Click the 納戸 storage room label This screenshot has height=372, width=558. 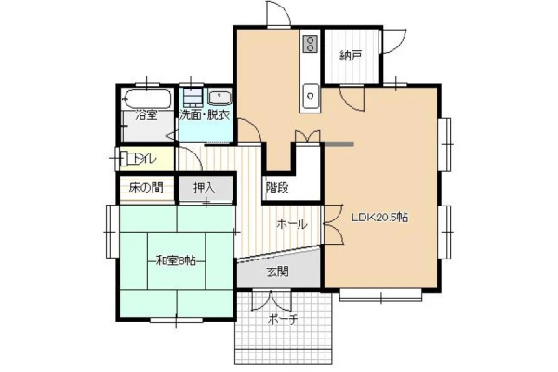coord(351,56)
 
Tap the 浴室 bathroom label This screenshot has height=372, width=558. coord(147,115)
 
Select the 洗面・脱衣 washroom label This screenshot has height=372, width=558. coord(205,115)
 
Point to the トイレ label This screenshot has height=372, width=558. coord(144,159)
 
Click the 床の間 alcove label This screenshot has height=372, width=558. coord(146,187)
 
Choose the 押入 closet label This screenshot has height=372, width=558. coord(205,187)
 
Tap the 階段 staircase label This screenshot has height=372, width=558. coord(277,188)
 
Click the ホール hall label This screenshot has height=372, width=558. coord(292,224)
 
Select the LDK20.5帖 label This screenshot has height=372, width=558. coord(379,217)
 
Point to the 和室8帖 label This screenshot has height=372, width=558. coord(176,261)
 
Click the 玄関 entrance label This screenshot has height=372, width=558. coord(277,272)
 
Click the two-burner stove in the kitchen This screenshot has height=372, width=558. coord(311,44)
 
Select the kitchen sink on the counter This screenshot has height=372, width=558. coord(311,95)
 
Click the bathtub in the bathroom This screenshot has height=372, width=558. coord(147,99)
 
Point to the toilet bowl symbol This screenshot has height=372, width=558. coord(127,159)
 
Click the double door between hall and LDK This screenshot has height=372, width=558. coord(333,224)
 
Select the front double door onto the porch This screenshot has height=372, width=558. coord(272,300)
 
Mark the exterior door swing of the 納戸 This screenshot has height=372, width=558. coord(394,41)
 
